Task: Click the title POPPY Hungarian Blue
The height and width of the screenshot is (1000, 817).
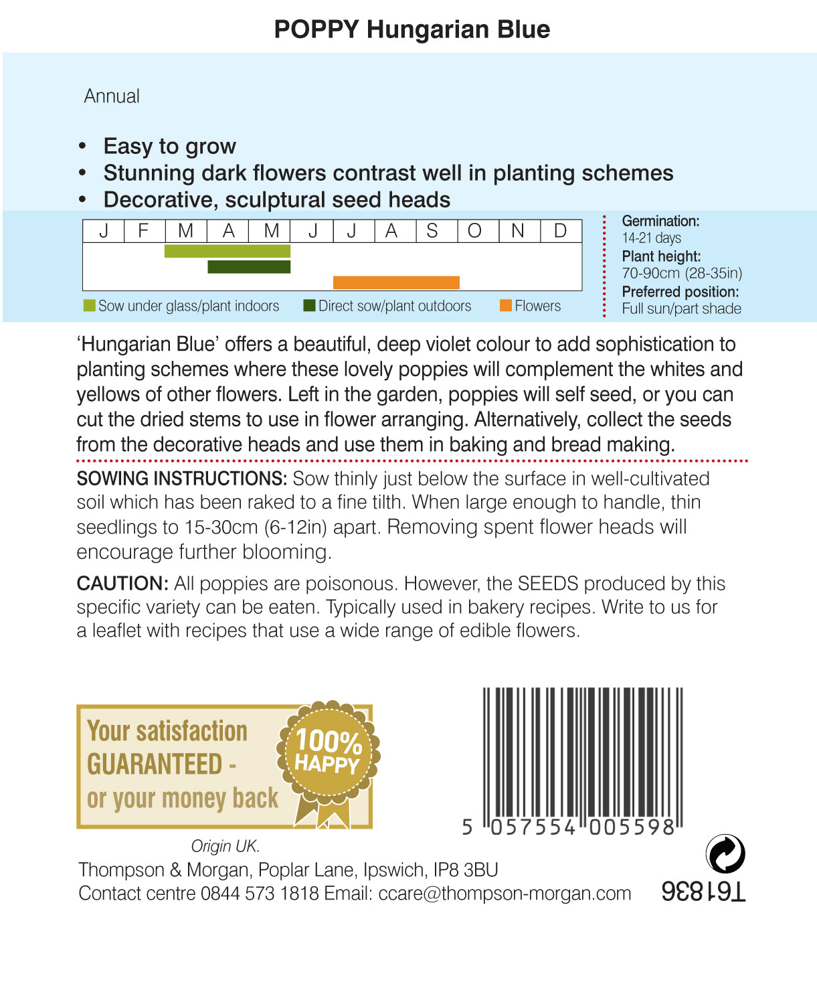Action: [x=412, y=29]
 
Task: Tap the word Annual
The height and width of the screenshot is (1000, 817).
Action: [x=112, y=96]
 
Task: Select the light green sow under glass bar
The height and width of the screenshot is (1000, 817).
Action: [x=227, y=251]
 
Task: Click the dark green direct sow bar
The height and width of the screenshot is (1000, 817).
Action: [x=249, y=267]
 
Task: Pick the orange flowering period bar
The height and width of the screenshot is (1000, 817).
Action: [x=396, y=282]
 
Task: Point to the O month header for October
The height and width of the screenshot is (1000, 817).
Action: [x=474, y=231]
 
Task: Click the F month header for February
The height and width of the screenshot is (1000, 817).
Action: [x=143, y=231]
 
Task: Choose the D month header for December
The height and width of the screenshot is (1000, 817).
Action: [x=560, y=231]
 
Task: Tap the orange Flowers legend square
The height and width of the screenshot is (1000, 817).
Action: [x=506, y=306]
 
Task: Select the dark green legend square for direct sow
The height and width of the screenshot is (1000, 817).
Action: [x=309, y=306]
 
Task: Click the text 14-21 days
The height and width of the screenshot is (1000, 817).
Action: [x=651, y=238]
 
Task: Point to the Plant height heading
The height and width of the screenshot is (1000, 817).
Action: [x=661, y=256]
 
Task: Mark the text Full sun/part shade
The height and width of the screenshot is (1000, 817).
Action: [x=681, y=309]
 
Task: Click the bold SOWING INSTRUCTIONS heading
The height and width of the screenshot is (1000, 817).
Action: [x=181, y=479]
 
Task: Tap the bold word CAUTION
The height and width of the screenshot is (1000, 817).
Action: [x=122, y=583]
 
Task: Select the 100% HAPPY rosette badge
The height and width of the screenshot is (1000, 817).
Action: [x=328, y=753]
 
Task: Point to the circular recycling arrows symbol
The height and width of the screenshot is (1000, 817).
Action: [x=725, y=854]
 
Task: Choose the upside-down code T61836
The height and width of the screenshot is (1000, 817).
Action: [x=703, y=892]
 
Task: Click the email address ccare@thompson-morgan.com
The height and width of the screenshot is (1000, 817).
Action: [x=505, y=894]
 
